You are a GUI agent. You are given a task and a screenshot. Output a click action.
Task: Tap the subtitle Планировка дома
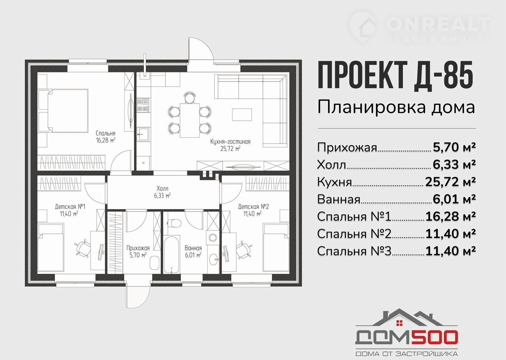click(396, 108)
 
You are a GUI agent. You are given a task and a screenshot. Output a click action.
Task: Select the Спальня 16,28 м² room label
click(106, 137)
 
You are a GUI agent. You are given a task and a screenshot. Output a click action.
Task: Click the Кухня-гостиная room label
click(230, 145)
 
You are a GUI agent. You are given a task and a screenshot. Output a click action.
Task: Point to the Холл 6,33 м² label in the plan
click(162, 192)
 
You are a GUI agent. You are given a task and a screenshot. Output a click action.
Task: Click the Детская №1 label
click(70, 210)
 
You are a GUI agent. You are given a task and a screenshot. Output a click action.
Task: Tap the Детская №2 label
click(253, 210)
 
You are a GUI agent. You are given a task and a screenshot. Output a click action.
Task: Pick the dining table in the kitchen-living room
click(189, 120)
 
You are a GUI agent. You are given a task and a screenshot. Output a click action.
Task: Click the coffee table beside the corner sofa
click(242, 115)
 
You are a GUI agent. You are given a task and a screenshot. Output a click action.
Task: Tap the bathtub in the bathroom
click(172, 254)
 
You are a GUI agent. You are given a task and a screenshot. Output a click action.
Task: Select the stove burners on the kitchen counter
click(143, 105)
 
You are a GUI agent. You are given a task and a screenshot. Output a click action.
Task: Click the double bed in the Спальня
click(63, 111)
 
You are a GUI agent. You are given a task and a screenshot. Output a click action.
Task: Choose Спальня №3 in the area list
click(354, 251)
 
